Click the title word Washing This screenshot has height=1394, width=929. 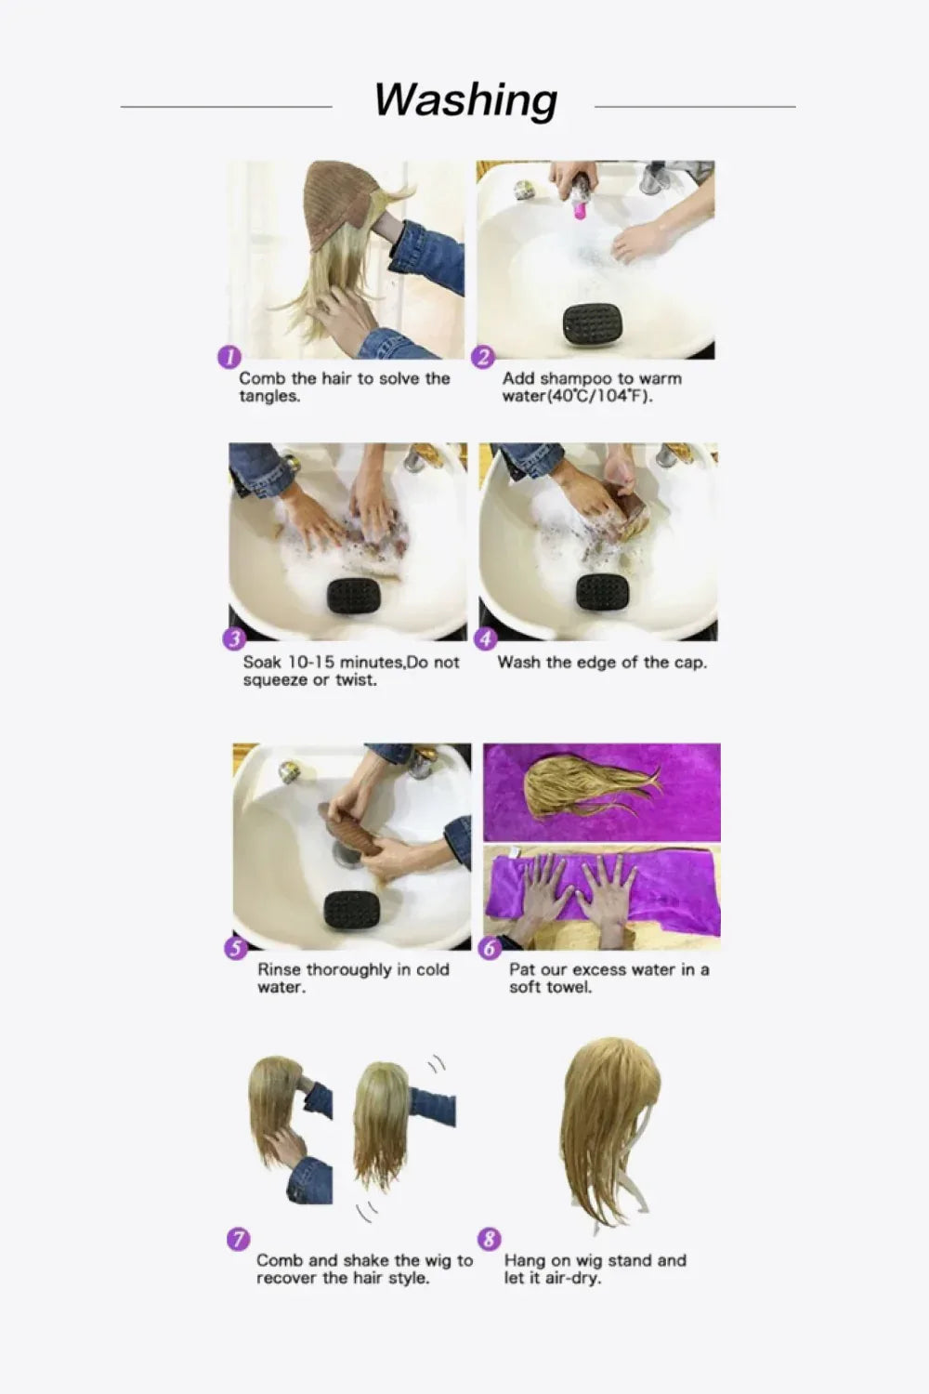point(465,100)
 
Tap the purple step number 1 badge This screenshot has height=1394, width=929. point(229,357)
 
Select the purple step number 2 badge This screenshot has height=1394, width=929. point(483,357)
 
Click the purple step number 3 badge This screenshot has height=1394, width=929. point(233,639)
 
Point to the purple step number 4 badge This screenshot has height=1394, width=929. point(486,639)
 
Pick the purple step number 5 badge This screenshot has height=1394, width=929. point(236,948)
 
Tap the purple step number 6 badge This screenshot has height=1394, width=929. point(490,948)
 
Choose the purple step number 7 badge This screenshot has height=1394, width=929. point(238,1239)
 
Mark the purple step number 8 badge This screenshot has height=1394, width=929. point(489,1239)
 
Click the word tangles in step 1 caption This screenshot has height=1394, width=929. point(269,397)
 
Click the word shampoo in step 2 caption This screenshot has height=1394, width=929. point(576,379)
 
